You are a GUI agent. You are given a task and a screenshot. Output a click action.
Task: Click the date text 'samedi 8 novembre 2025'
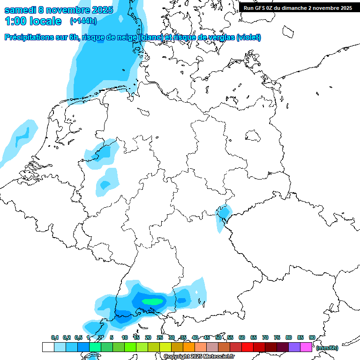coord(59,10)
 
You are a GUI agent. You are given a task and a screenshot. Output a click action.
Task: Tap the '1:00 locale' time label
coord(33,21)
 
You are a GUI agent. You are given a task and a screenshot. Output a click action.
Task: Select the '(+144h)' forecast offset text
coord(83,21)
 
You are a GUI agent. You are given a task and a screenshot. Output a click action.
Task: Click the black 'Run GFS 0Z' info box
coord(298,8)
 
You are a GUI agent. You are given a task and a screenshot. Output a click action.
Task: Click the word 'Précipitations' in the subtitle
coord(28,37)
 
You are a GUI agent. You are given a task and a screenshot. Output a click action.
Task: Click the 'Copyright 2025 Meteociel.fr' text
coord(199,356)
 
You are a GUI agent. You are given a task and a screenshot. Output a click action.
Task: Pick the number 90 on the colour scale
coord(312,337)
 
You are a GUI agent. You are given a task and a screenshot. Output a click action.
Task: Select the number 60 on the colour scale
coord(242,337)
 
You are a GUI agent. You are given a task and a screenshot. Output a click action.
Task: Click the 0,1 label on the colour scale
coord(55,337)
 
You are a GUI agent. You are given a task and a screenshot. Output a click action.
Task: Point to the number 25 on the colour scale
coord(160,337)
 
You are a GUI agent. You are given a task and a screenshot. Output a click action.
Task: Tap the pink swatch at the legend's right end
coord(306,347)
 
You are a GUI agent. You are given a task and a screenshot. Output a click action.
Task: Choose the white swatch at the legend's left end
coord(48,347)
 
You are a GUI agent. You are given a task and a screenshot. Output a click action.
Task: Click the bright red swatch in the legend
coord(247,347)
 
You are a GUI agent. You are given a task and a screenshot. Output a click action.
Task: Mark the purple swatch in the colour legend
coord(294,347)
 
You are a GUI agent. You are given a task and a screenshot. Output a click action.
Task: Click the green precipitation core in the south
coord(153,301)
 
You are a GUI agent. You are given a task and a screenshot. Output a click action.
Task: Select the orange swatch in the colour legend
coord(189,347)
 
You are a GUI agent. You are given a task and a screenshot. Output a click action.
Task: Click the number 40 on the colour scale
coord(195,337)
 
